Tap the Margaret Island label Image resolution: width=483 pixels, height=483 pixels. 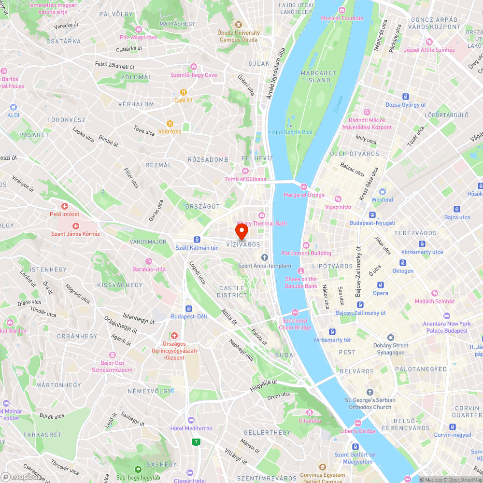pos(318,76)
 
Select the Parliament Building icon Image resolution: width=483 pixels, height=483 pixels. pos(306,245)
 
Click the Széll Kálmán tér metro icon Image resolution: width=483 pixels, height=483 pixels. pos(197,240)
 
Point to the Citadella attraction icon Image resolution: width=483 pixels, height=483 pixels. pos(310,412)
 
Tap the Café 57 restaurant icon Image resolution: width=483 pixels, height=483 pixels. pos(184,92)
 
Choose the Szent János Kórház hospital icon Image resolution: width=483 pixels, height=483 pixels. pos(75,226)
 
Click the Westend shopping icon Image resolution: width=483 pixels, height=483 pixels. pos(382,192)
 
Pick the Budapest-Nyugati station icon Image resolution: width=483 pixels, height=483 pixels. pos(372,215)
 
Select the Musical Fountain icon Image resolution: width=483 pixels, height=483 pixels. pos(342,11)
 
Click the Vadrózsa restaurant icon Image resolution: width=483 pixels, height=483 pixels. pos(170,124)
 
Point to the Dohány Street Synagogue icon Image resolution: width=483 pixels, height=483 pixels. pos(391,337)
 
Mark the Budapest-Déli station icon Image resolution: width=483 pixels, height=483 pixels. pos(189,309)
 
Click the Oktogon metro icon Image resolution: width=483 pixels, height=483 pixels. pos(402,263)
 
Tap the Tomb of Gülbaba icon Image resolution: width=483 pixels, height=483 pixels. pos(245,171)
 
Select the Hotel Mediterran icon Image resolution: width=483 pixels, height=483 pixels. pos(191,420)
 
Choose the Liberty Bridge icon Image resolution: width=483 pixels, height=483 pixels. pos(357,423)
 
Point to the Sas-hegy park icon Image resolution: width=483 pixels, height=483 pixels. pos(138,469)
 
